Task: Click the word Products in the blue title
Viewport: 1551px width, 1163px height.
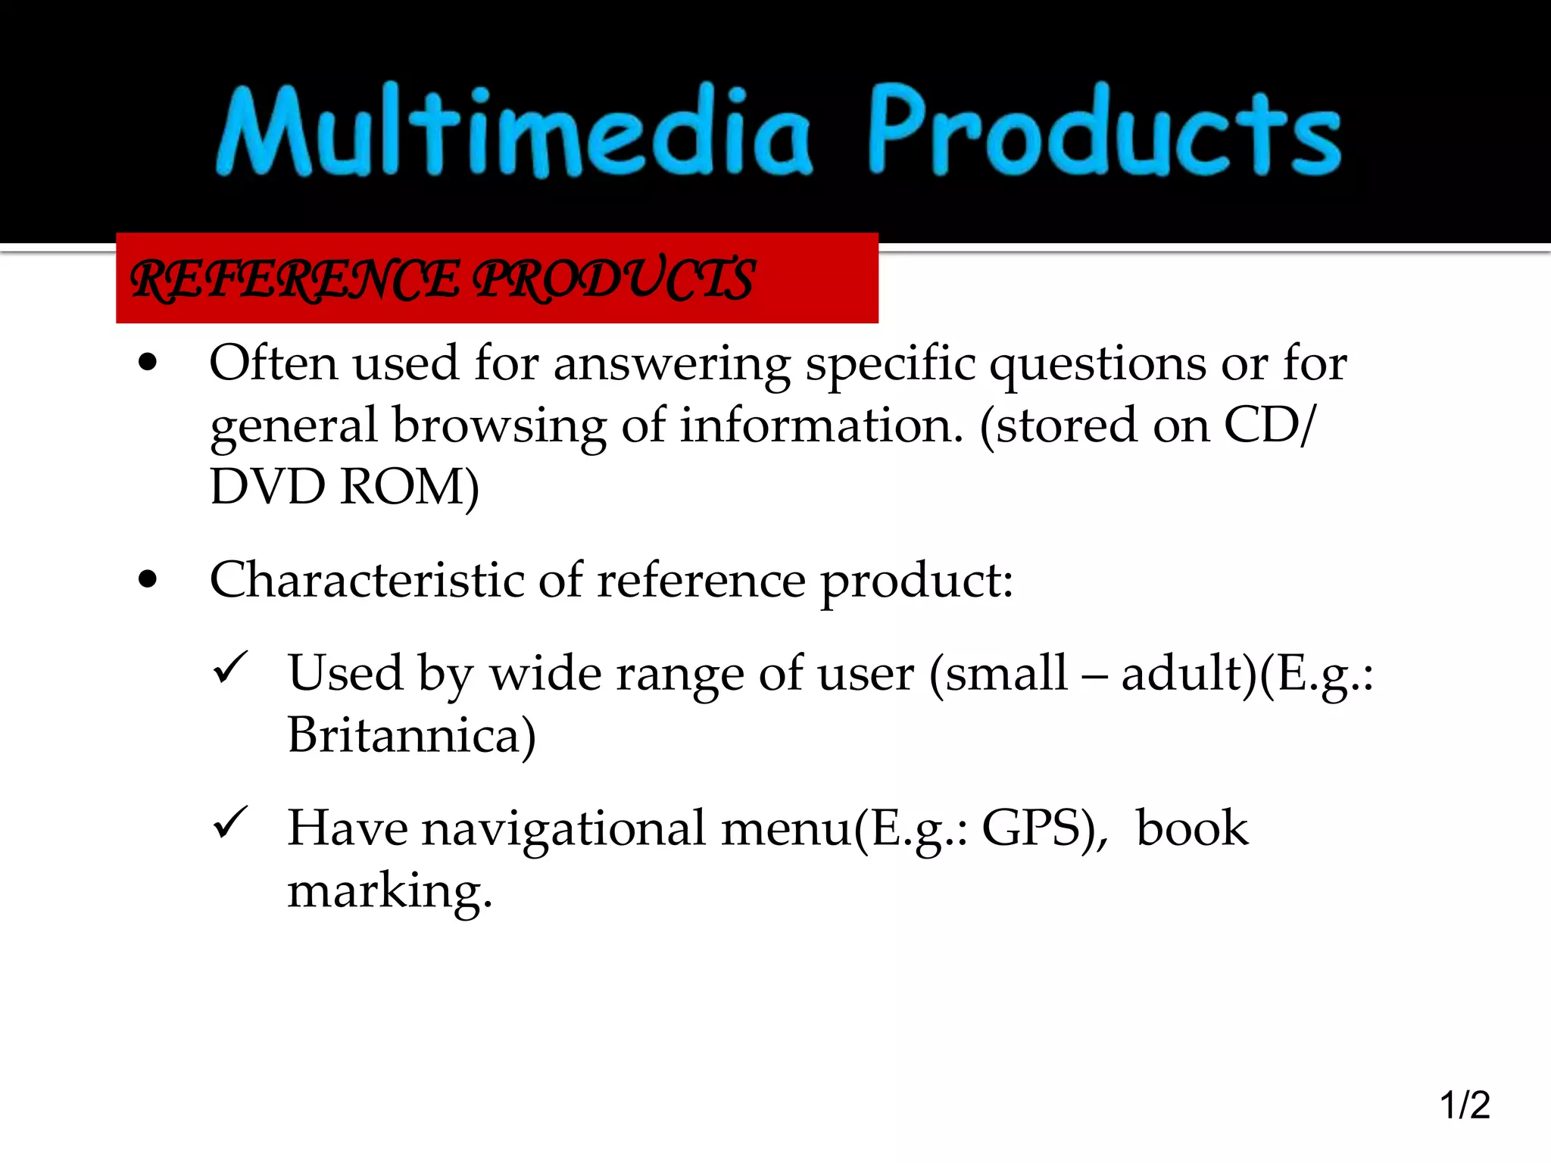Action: pos(1105,130)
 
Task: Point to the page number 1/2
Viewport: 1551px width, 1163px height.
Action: pos(1465,1105)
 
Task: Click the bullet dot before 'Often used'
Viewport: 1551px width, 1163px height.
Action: pos(148,363)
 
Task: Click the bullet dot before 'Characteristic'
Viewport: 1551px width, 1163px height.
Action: pos(148,580)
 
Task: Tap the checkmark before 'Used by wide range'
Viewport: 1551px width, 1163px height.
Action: pos(231,667)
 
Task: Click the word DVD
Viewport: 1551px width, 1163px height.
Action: pos(267,486)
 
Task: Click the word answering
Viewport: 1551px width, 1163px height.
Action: pos(672,364)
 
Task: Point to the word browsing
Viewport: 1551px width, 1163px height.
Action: pos(500,426)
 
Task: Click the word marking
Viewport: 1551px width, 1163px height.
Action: pos(389,890)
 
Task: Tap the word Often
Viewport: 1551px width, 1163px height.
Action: pos(273,363)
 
